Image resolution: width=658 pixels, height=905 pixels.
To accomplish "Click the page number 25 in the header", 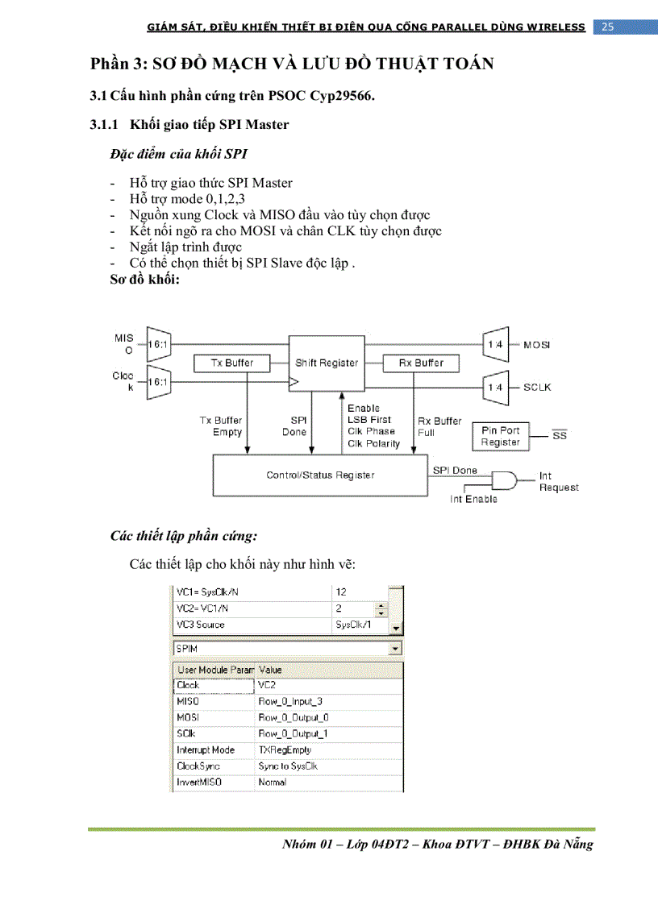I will click(607, 27).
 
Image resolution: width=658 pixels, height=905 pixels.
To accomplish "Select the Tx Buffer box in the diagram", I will click(232, 363).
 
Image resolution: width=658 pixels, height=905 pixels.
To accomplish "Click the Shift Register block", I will click(327, 363).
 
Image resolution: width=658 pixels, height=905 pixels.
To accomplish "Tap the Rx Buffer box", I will click(420, 363).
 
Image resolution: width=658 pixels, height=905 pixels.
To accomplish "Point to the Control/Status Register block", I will click(320, 475).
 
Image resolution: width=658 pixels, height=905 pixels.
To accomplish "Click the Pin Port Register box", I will click(500, 437).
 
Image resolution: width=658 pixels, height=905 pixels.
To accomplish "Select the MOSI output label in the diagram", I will click(537, 346).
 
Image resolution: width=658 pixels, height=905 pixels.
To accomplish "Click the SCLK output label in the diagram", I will click(537, 388).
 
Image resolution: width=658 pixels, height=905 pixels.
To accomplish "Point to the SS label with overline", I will click(559, 436).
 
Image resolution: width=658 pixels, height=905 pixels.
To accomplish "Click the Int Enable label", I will click(473, 500).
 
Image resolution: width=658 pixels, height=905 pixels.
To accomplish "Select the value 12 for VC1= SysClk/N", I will click(342, 592).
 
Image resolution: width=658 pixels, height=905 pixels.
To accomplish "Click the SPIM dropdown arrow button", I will click(395, 649).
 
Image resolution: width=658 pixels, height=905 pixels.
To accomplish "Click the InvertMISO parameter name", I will click(199, 783).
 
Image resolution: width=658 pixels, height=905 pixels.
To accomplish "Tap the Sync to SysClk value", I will click(288, 766).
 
